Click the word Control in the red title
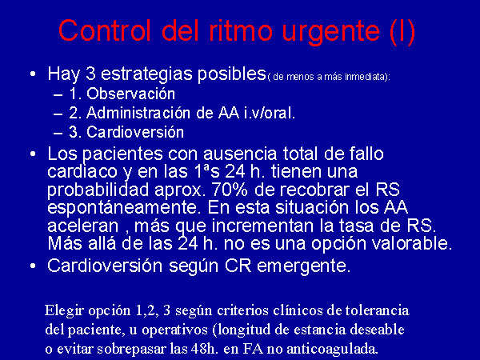tap(105, 30)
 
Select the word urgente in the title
tap(331, 33)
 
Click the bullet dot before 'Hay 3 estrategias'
tap(33, 74)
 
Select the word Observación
tap(130, 94)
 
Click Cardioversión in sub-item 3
tap(135, 132)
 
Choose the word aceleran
tap(83, 226)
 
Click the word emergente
tap(303, 266)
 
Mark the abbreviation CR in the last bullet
tap(238, 266)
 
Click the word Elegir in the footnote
tap(64, 311)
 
